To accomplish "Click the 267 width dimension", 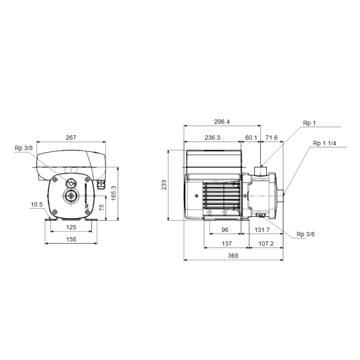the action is click(x=71, y=137).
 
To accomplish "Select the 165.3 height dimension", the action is click(x=114, y=193).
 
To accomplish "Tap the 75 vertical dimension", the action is click(x=101, y=207).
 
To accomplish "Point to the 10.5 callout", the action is click(x=37, y=204).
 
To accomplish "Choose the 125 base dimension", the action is click(x=71, y=227).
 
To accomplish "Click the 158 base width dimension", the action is click(x=71, y=239).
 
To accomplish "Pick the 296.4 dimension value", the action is click(x=222, y=122).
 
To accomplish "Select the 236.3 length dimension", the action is click(x=212, y=137).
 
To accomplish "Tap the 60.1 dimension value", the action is click(x=251, y=137).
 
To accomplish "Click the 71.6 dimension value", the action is click(x=272, y=137).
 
